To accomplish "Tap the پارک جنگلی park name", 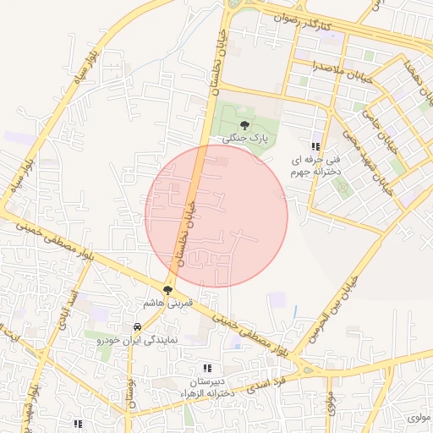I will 244,137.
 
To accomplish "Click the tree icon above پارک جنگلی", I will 244,124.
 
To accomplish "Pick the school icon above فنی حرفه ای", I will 316,146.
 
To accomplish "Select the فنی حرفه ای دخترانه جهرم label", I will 315,165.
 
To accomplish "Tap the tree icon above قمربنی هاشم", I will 167,289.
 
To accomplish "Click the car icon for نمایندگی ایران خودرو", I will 136,326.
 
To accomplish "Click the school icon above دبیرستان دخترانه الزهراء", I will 206,369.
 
